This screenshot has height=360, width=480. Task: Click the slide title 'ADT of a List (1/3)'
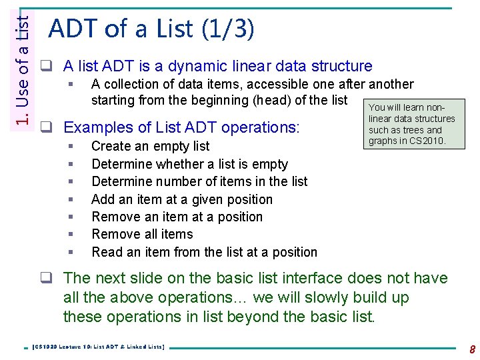151,29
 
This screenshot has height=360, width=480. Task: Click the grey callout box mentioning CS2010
411,125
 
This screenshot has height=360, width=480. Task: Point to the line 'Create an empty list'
150,146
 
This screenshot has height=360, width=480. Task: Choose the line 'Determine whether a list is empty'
189,164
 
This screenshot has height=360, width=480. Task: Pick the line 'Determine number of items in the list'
199,181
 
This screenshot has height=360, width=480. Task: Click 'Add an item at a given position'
182,199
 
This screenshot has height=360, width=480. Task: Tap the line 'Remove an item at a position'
177,217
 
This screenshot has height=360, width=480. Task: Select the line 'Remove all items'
142,234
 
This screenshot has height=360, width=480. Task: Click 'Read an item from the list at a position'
204,252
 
